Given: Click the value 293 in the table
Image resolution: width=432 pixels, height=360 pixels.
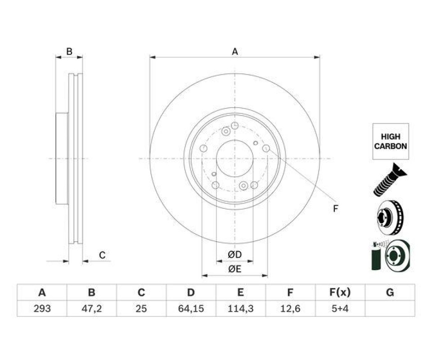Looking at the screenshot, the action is pyautogui.click(x=42, y=309).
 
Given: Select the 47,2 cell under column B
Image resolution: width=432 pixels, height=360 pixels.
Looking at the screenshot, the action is pyautogui.click(x=91, y=309).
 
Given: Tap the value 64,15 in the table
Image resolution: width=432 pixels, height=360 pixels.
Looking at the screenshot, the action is pyautogui.click(x=191, y=309).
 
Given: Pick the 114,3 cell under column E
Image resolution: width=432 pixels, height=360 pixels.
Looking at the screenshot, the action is pyautogui.click(x=240, y=309).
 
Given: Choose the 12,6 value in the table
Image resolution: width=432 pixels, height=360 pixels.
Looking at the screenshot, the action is pyautogui.click(x=290, y=309).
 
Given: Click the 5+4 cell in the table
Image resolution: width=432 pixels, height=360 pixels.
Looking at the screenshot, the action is pyautogui.click(x=340, y=309).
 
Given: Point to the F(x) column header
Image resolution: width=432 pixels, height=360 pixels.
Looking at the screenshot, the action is pyautogui.click(x=340, y=292).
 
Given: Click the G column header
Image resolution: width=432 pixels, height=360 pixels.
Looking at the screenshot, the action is pyautogui.click(x=390, y=292).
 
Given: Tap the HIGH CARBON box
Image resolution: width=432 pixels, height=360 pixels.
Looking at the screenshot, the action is pyautogui.click(x=391, y=141).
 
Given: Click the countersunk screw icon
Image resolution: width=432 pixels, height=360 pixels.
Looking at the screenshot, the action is pyautogui.click(x=390, y=180).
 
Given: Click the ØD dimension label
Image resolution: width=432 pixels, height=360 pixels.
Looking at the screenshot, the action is pyautogui.click(x=235, y=255).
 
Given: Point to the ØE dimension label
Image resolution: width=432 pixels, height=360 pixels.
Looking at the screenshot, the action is pyautogui.click(x=235, y=269).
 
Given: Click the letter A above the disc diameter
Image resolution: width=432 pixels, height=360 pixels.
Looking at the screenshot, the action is pyautogui.click(x=235, y=51).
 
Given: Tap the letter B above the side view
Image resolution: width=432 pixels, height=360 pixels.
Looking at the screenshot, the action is pyautogui.click(x=69, y=51).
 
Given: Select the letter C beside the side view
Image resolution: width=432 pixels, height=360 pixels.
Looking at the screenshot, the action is pyautogui.click(x=102, y=255).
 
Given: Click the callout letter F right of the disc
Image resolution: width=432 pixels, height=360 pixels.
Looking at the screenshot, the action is pyautogui.click(x=335, y=209).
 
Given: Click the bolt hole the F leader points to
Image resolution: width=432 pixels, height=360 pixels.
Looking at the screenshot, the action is pyautogui.click(x=266, y=148).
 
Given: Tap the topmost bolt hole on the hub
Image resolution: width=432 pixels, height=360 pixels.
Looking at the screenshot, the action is pyautogui.click(x=234, y=126).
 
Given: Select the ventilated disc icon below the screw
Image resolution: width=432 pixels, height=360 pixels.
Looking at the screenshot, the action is pyautogui.click(x=390, y=218).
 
